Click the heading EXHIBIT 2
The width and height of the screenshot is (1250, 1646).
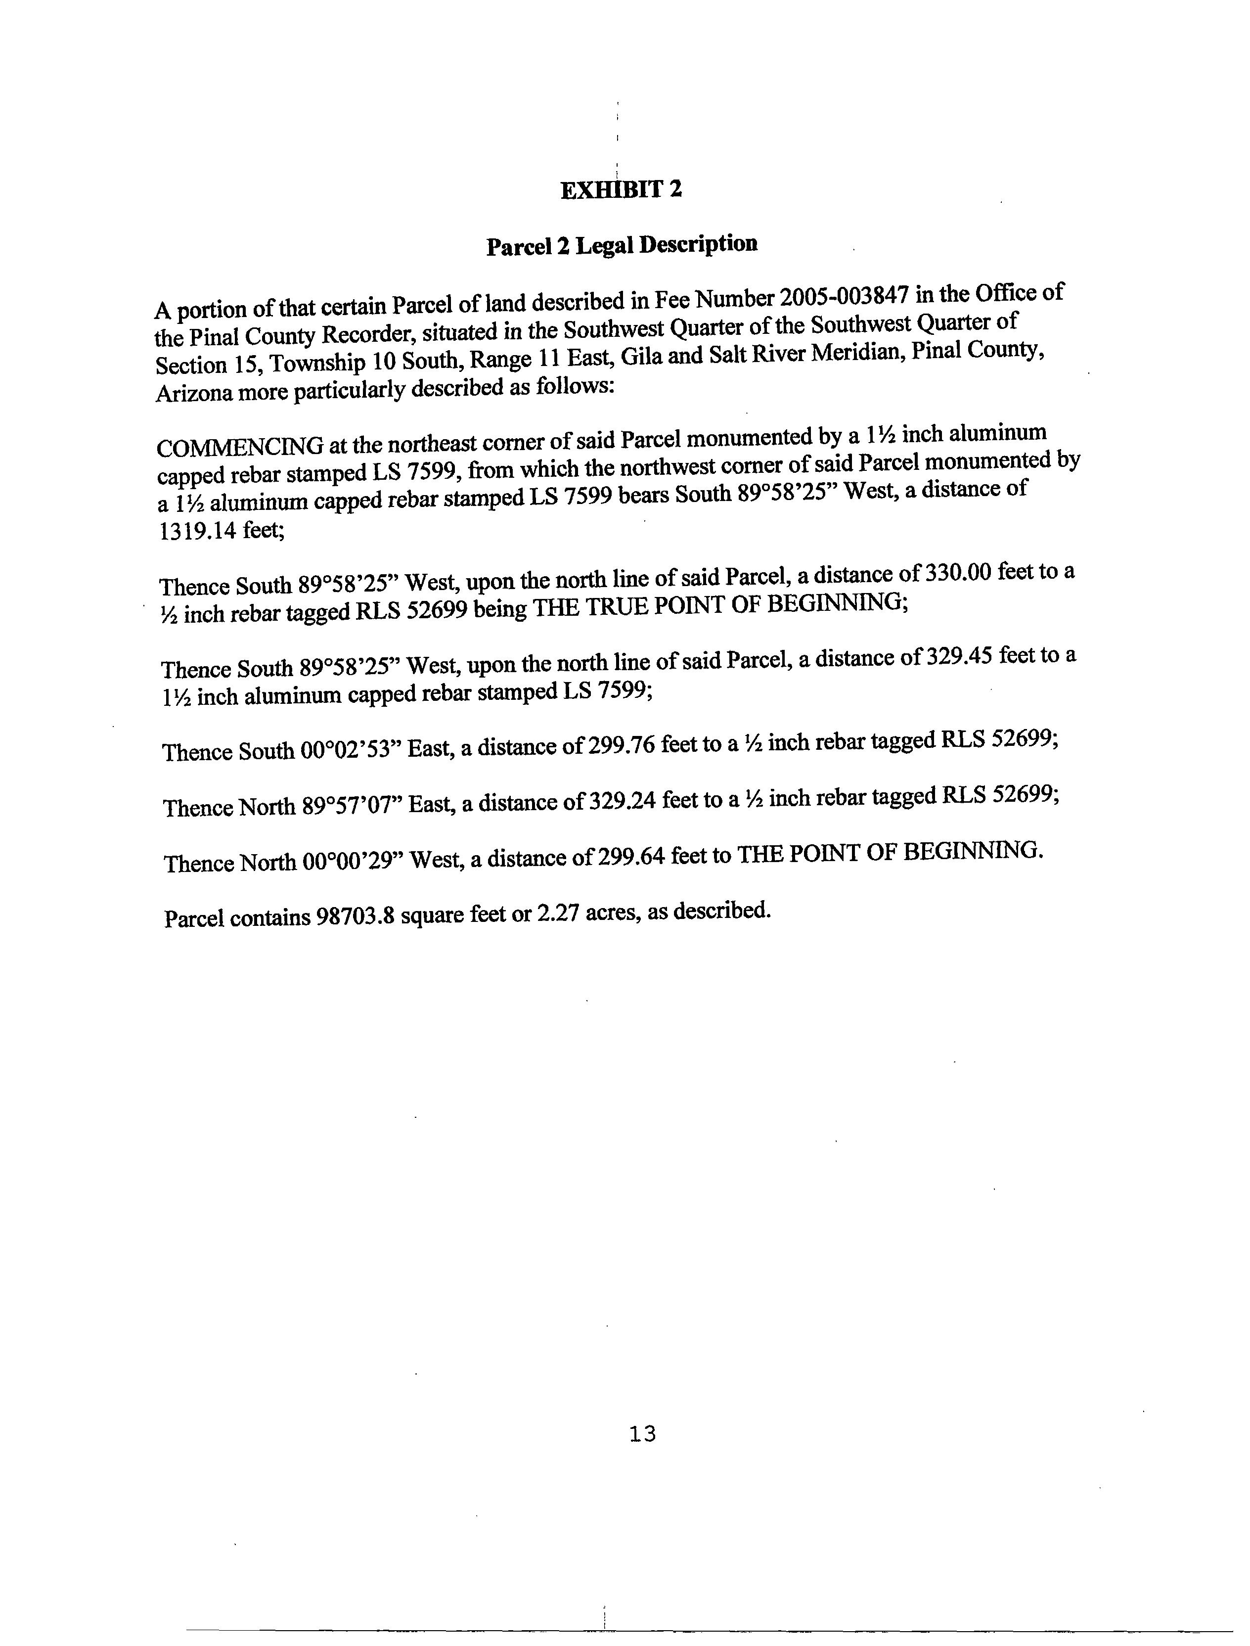click(621, 190)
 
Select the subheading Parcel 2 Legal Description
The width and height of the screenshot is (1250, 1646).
click(622, 245)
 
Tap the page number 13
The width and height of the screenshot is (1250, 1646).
click(642, 1434)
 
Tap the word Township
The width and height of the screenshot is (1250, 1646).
click(317, 363)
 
